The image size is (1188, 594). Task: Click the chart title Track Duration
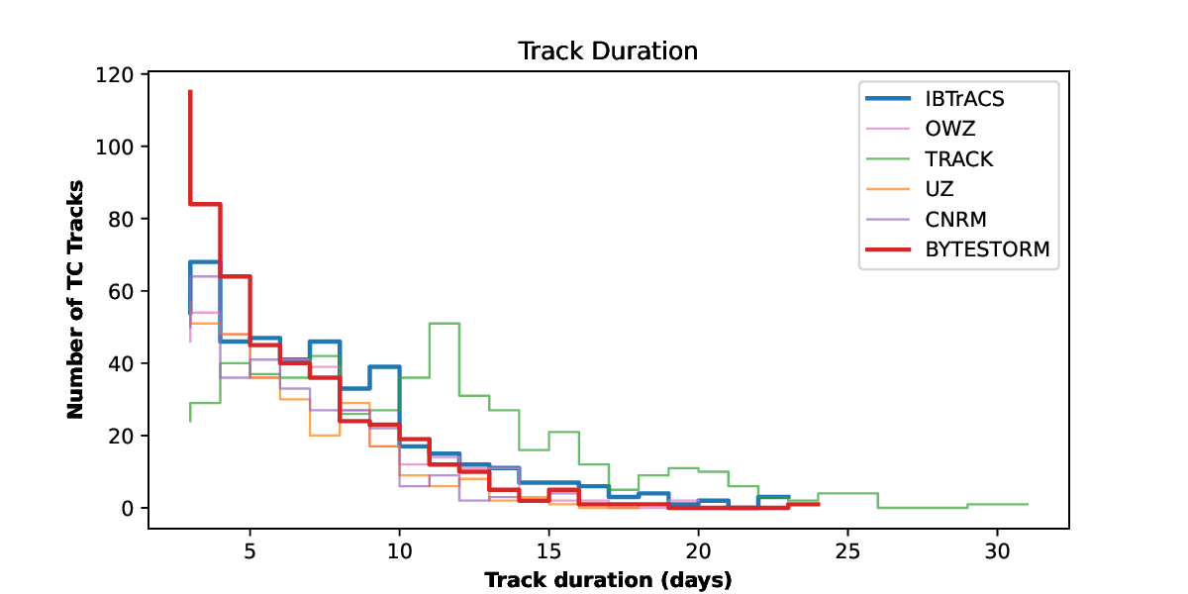(608, 50)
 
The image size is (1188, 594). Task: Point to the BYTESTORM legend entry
(987, 250)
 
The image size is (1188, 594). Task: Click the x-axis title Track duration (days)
(608, 580)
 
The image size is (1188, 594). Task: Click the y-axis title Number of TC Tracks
(75, 299)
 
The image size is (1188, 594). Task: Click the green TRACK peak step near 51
(444, 324)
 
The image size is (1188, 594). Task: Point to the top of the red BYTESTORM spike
(190, 92)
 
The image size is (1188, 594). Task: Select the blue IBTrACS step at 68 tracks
(204, 262)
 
